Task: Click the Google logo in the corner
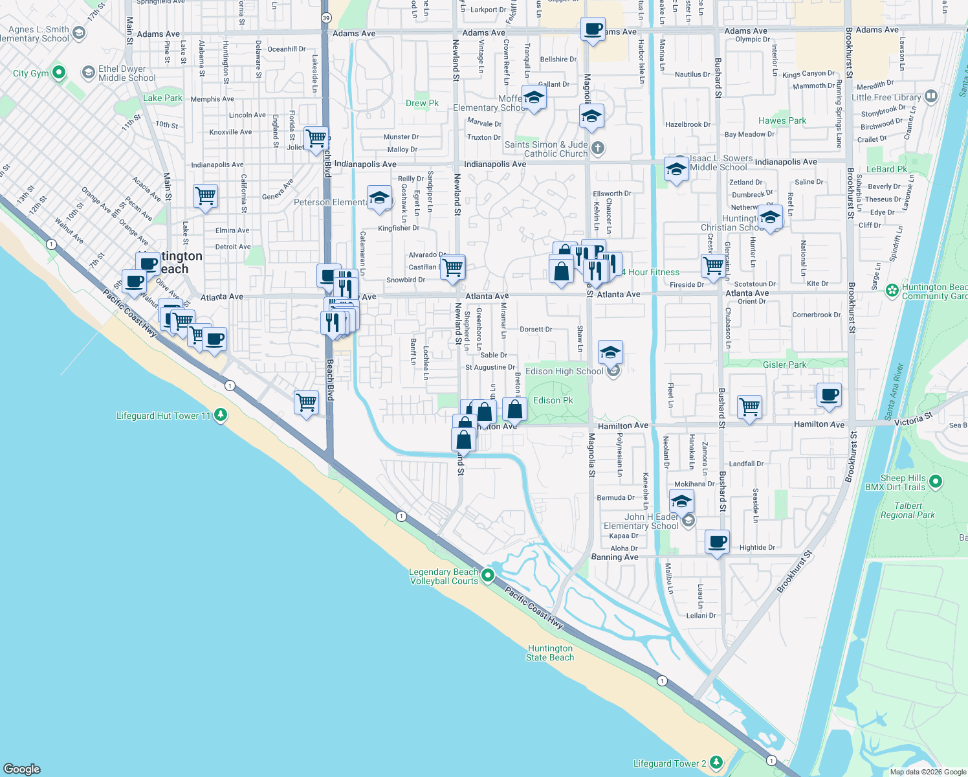[x=22, y=769]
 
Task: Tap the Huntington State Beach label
[x=550, y=653]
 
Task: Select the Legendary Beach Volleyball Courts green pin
[x=489, y=575]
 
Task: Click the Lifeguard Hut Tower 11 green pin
[x=221, y=414]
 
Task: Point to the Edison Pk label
[x=553, y=400]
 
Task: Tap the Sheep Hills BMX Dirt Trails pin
[x=936, y=482]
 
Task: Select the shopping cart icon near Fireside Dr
[x=713, y=265]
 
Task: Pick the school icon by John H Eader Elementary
[x=681, y=502]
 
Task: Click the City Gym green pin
[x=59, y=73]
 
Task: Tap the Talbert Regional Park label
[x=908, y=510]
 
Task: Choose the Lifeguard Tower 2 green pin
[x=716, y=762]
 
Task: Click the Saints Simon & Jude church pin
[x=598, y=148]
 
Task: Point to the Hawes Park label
[x=782, y=120]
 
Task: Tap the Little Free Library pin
[x=931, y=97]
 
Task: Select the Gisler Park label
[x=784, y=365]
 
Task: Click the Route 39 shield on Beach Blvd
[x=326, y=18]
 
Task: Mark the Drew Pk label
[x=422, y=103]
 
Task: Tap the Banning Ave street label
[x=615, y=557]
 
